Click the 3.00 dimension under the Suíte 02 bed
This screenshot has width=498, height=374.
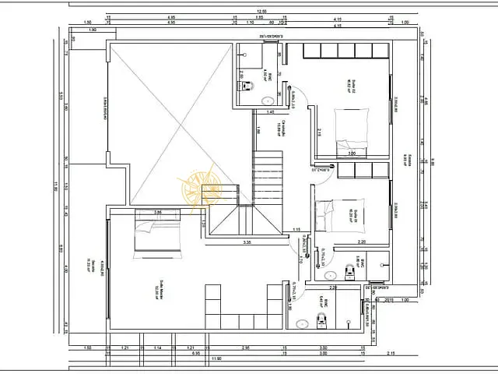[352, 153]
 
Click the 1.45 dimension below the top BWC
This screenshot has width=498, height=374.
[270, 113]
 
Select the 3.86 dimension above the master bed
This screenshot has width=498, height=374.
[157, 212]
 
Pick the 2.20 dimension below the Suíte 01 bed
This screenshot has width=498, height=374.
[362, 242]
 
